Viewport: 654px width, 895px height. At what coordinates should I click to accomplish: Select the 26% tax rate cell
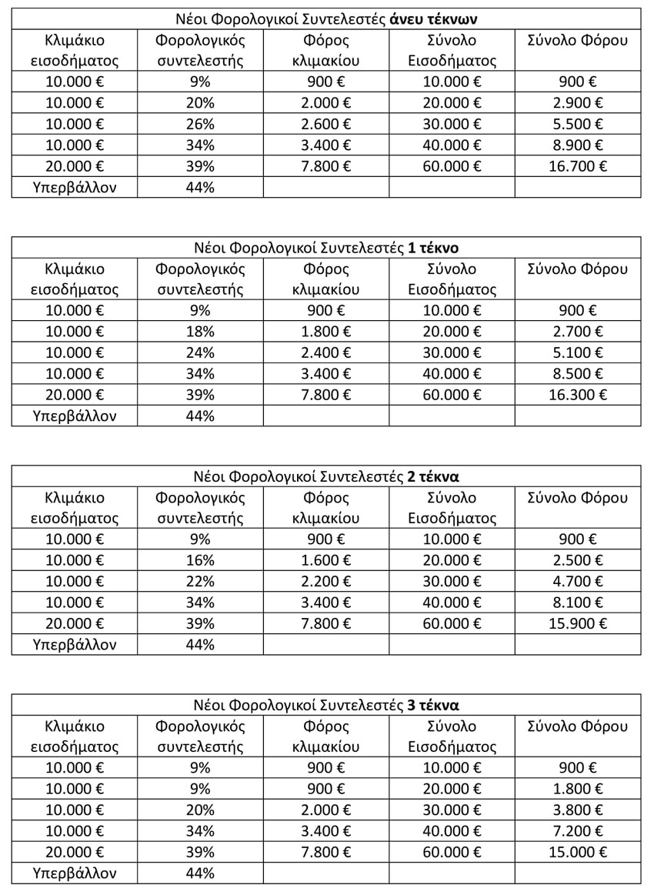tap(200, 123)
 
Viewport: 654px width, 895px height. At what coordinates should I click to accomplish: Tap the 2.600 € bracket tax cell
tap(326, 123)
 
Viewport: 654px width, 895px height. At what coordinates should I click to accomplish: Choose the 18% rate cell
tap(200, 331)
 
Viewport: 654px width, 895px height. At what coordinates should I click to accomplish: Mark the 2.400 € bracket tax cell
tap(326, 352)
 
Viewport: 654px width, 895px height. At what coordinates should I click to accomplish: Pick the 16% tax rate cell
tap(200, 559)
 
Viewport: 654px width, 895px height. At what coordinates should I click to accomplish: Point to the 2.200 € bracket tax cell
tap(326, 580)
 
